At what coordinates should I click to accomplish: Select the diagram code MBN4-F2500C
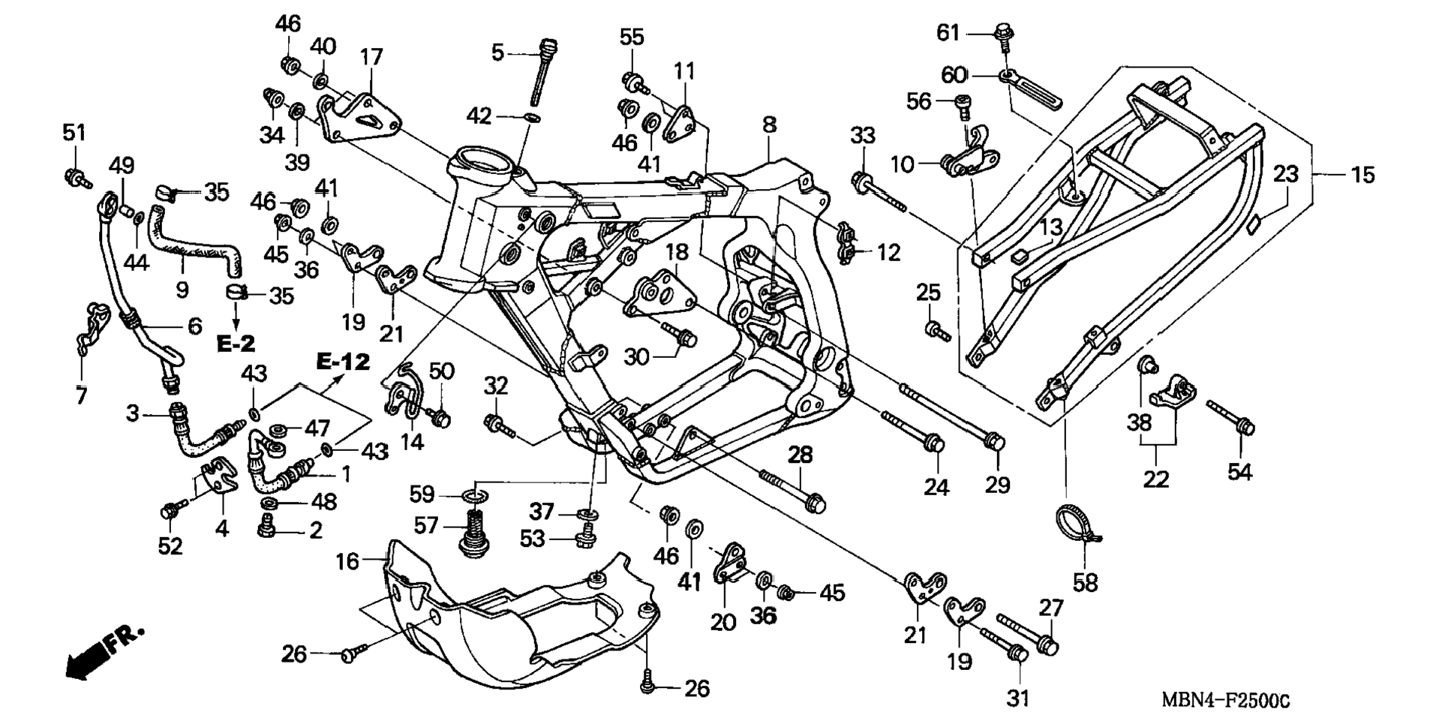[1225, 701]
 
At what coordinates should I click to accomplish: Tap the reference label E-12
[343, 362]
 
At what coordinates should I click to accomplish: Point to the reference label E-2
[236, 344]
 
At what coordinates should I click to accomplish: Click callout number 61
[948, 33]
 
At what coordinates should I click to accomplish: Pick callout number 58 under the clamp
[1086, 583]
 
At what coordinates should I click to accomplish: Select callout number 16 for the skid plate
[347, 561]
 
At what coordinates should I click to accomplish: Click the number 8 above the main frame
[769, 125]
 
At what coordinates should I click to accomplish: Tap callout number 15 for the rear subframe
[1362, 175]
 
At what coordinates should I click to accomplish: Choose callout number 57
[425, 525]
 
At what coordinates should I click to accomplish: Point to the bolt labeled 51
[76, 178]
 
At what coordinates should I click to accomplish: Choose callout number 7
[81, 395]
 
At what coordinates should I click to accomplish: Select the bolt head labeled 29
[994, 443]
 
